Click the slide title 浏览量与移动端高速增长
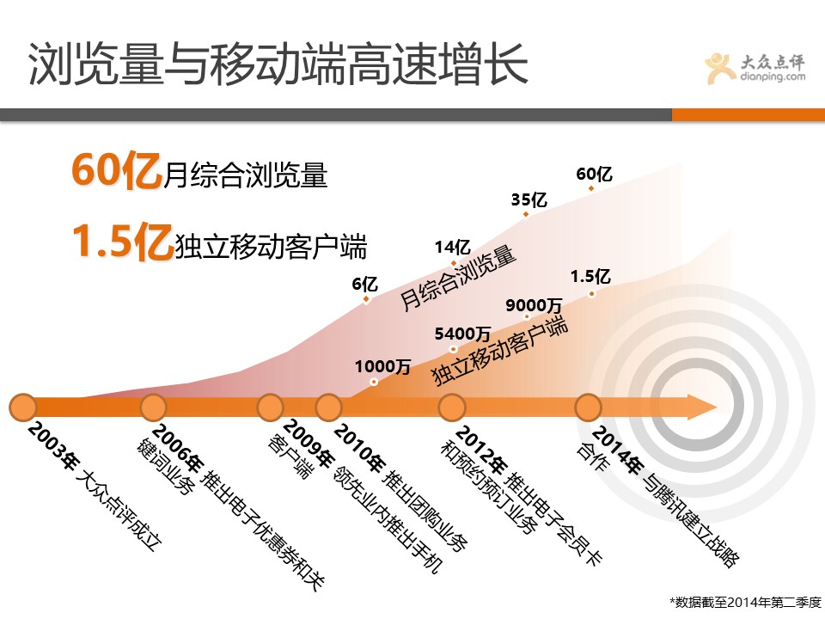[278, 64]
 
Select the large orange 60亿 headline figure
[117, 170]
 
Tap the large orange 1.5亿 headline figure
[123, 241]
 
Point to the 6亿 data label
[365, 285]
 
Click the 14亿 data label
[453, 247]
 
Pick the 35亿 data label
[529, 199]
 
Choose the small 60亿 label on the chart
[594, 174]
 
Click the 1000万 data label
[382, 366]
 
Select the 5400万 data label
[462, 334]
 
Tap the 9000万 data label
[534, 305]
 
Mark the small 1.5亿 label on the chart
[590, 276]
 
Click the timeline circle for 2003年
[23, 408]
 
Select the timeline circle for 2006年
[153, 408]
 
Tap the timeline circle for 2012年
[452, 408]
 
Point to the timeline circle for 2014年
[588, 408]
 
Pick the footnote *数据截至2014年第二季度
[744, 602]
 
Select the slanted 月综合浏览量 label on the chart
[457, 278]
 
